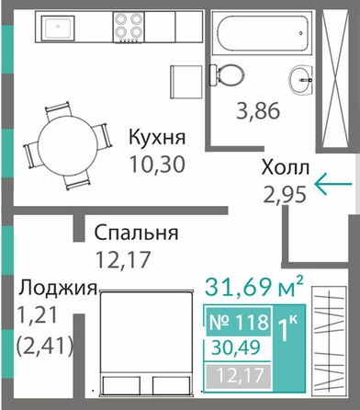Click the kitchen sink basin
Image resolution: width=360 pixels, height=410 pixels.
click(58, 27)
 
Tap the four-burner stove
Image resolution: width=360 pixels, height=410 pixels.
click(129, 27)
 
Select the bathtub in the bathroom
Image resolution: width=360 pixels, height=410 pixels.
click(264, 33)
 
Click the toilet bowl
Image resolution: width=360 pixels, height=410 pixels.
click(227, 75)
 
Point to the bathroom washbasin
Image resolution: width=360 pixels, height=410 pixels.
click(301, 79)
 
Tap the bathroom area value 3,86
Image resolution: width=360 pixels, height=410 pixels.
click(258, 111)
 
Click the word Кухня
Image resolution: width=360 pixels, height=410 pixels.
click(157, 137)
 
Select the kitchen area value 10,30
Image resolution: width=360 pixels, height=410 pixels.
click(157, 164)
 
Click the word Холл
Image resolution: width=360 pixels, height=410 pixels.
click(286, 168)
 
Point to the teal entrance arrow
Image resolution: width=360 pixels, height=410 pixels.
click(333, 184)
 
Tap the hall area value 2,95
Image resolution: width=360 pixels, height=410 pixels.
click(285, 195)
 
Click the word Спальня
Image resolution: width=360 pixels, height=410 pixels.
click(136, 233)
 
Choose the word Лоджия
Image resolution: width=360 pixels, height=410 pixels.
click(58, 289)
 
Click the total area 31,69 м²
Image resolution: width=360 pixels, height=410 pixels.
click(254, 287)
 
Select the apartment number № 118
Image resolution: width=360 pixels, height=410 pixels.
click(239, 322)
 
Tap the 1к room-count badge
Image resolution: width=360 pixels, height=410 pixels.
click(287, 328)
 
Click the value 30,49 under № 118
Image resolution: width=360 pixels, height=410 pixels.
click(236, 347)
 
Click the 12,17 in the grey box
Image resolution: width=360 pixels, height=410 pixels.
click(240, 376)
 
